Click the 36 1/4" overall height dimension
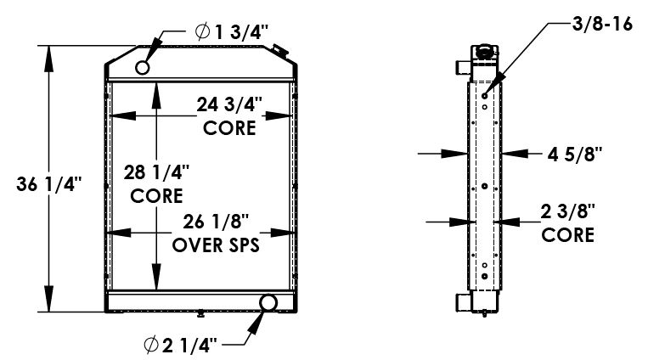coord(48,183)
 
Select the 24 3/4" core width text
coord(229,105)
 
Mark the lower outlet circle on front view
coord(268,302)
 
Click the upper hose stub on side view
coord(462,65)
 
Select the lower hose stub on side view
coord(462,301)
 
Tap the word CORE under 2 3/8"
coord(568,235)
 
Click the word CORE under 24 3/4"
coord(229,128)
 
